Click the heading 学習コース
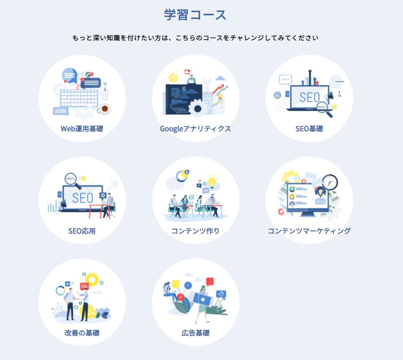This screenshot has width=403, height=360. [195, 15]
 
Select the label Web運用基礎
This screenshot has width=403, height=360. [82, 129]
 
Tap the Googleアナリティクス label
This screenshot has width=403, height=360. [195, 129]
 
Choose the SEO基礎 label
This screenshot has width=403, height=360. [309, 129]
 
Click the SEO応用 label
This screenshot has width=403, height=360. [82, 231]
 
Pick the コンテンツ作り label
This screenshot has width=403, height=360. [195, 231]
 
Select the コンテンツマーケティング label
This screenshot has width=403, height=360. [309, 231]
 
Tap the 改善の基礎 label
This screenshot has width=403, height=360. [82, 333]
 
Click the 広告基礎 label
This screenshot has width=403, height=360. [195, 333]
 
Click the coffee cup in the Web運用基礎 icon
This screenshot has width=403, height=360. [105, 109]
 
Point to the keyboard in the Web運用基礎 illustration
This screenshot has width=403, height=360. [79, 98]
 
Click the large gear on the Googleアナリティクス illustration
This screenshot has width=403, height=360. [198, 108]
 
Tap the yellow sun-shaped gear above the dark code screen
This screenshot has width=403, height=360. [173, 78]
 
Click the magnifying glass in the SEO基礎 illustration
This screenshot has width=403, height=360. [324, 109]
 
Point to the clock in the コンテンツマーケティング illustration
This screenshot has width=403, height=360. [330, 182]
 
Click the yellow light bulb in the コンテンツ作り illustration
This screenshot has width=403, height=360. [212, 181]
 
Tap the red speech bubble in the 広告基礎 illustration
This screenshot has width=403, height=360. [210, 282]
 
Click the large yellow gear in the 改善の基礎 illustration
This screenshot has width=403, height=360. [92, 280]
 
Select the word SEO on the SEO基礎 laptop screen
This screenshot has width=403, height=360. [310, 98]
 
